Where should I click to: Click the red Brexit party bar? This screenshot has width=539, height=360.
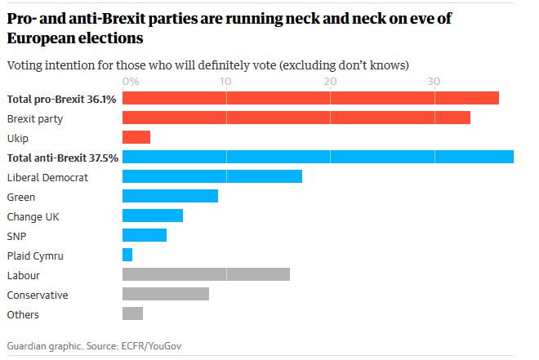click(296, 118)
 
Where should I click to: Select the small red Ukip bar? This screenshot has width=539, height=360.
click(136, 137)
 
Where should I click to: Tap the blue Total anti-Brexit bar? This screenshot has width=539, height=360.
click(317, 157)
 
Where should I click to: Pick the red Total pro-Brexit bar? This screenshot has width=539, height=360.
click(310, 98)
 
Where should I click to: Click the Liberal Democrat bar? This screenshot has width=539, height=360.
click(212, 176)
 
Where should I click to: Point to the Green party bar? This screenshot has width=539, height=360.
click(170, 196)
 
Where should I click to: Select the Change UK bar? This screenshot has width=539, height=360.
click(152, 216)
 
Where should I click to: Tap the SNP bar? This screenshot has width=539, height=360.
click(144, 235)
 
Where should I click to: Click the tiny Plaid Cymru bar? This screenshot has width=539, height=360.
click(127, 255)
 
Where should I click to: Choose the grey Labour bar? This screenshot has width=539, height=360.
click(206, 274)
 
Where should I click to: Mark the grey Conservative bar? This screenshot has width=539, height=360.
click(165, 294)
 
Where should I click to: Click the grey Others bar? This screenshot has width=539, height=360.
click(132, 313)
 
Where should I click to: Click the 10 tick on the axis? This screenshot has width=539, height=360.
click(225, 82)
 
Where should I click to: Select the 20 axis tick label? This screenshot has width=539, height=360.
click(329, 82)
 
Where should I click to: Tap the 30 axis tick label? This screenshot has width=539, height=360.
click(434, 82)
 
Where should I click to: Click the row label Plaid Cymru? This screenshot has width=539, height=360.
click(34, 256)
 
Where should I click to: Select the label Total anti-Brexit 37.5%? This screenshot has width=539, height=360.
click(62, 158)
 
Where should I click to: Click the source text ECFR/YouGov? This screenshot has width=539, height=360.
click(151, 346)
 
